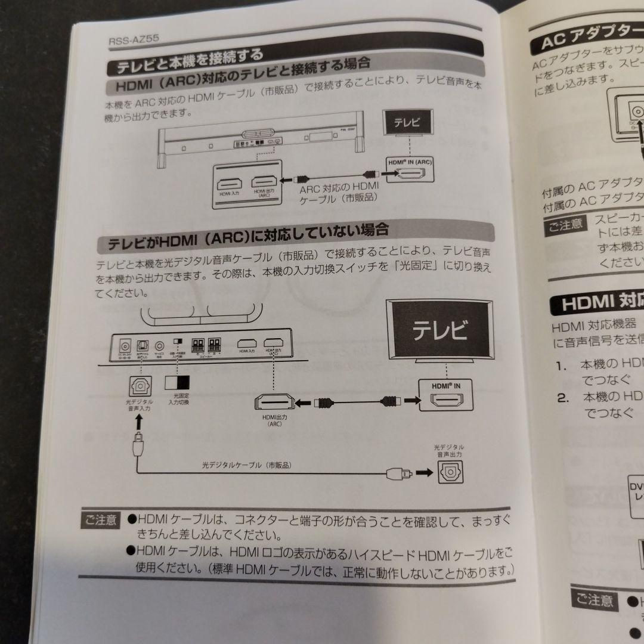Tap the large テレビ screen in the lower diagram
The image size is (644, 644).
[x=441, y=330]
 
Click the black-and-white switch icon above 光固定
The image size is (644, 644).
[x=177, y=382]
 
